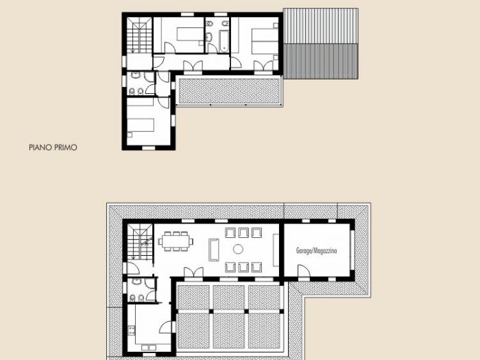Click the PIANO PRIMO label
(x=53, y=147)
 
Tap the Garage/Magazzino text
(x=317, y=251)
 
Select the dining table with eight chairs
(x=177, y=241)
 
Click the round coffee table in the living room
(x=239, y=250)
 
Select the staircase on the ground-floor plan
(x=139, y=240)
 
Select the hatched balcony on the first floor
(x=229, y=91)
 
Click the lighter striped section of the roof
(x=321, y=25)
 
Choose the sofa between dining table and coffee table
(x=213, y=249)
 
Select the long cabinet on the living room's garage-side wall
(x=276, y=250)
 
